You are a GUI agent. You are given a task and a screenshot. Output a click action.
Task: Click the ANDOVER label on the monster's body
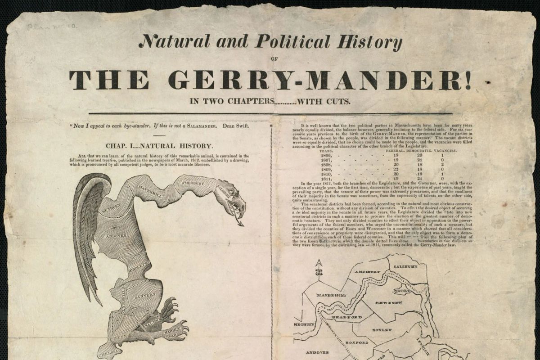tap(116, 235)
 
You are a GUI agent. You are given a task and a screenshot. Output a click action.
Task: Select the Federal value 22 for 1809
tap(396, 170)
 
